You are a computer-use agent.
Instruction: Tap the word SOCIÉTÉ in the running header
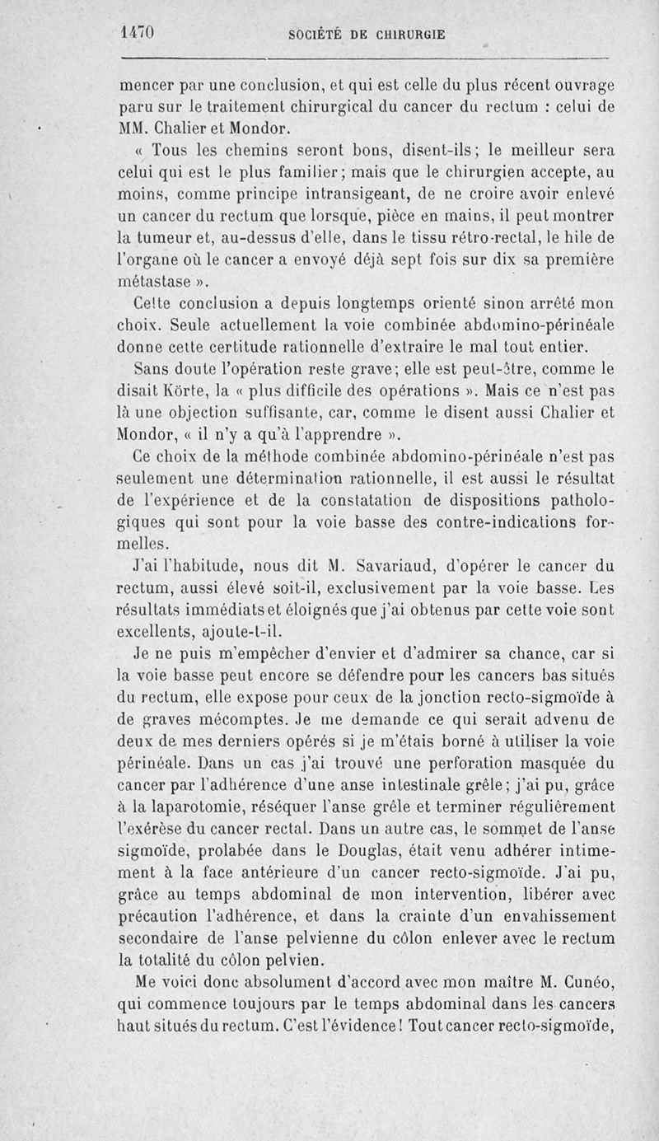(320, 35)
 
